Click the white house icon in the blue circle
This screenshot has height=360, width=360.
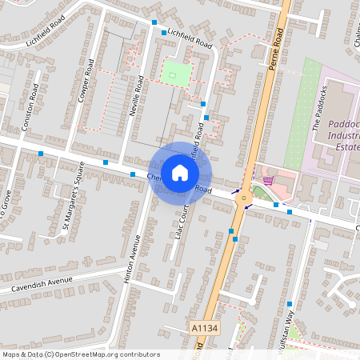[x=180, y=172]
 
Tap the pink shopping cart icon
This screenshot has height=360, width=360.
[x=269, y=180]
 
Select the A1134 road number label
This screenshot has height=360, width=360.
[x=204, y=327]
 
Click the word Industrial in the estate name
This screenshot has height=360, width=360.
[x=345, y=137]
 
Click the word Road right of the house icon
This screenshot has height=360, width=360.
[x=202, y=189]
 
